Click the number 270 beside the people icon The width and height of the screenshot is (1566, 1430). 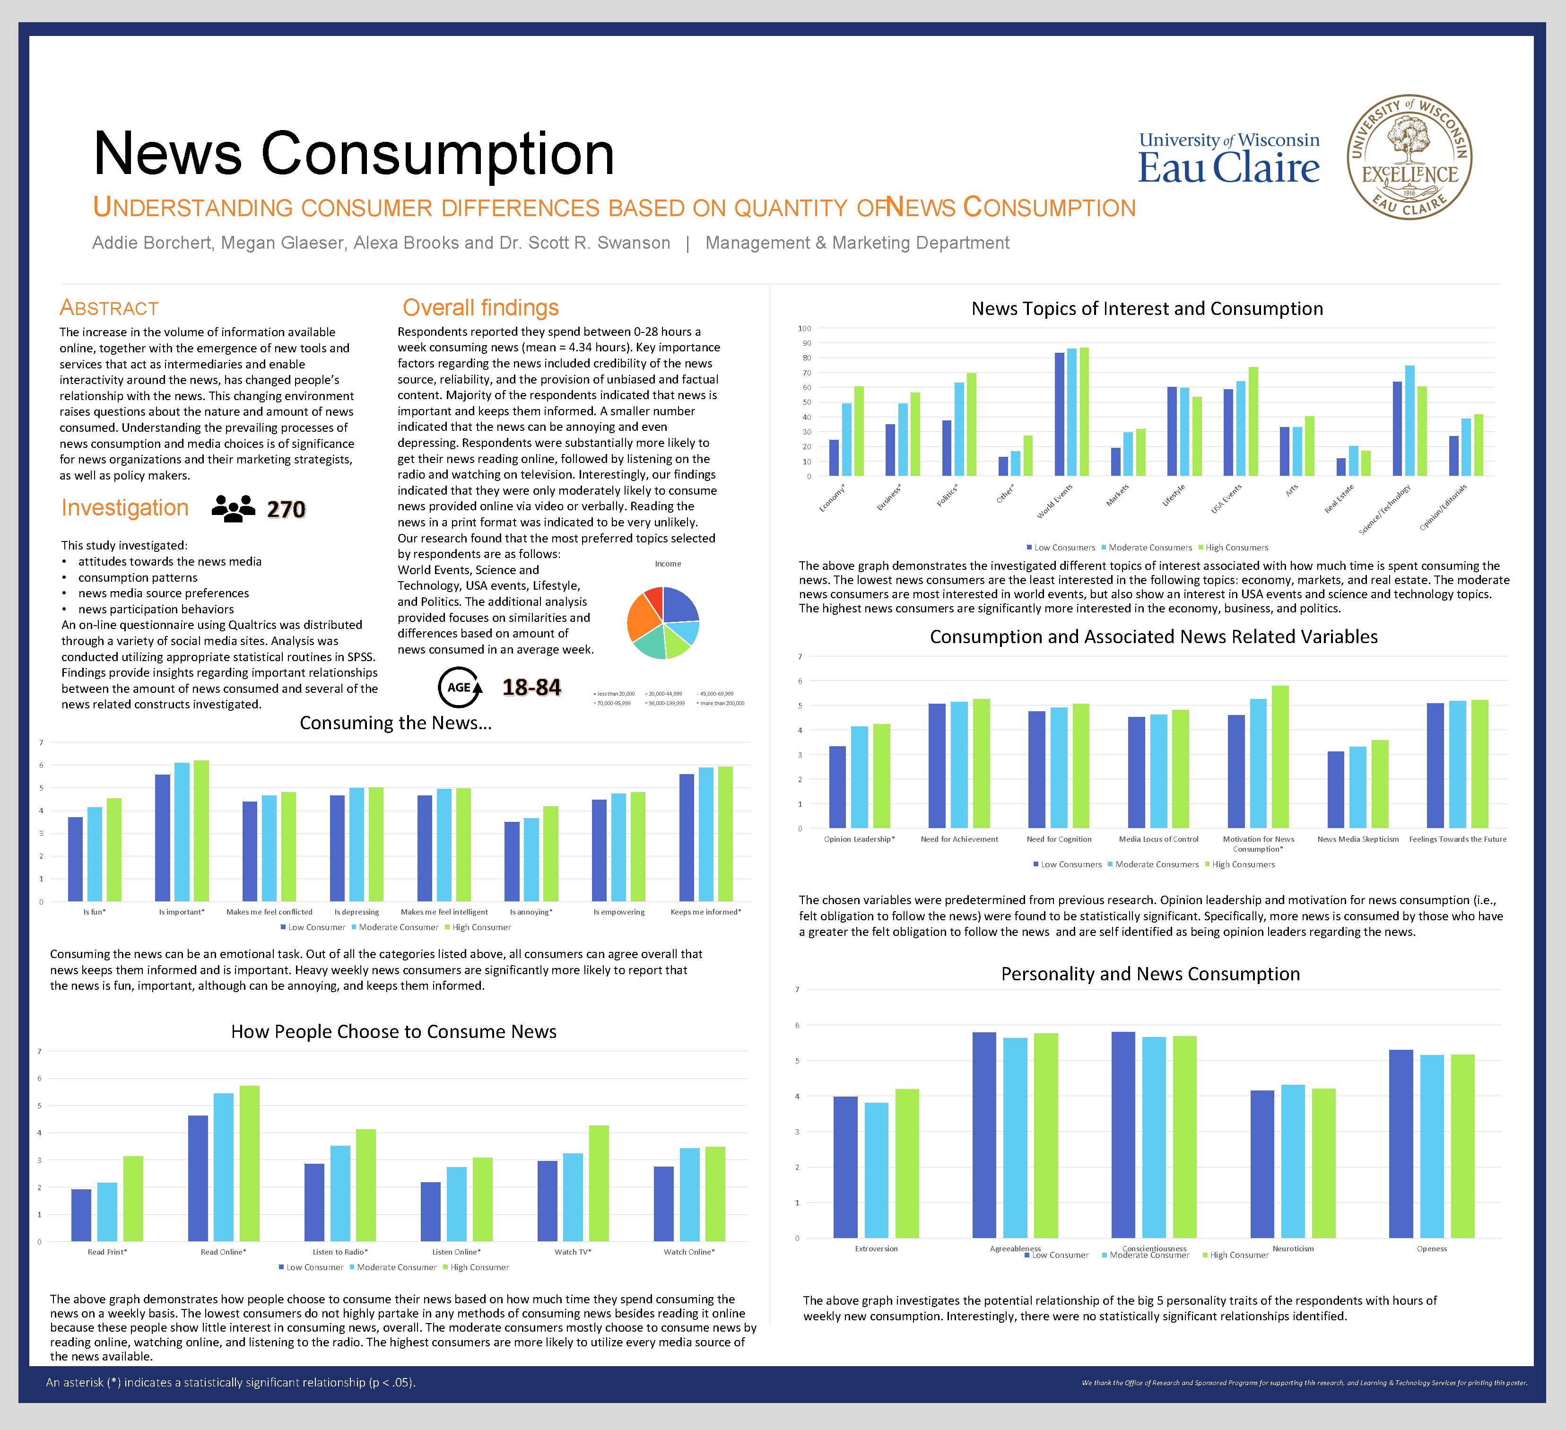[x=286, y=510]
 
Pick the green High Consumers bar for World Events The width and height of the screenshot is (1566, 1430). [x=1084, y=412]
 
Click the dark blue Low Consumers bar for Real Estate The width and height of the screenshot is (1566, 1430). [x=1341, y=467]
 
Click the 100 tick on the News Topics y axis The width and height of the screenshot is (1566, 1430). [x=805, y=329]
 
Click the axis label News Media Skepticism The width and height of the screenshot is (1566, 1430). [x=1358, y=839]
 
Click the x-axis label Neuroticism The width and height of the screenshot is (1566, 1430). [x=1293, y=1249]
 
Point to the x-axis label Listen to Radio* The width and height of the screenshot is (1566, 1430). [x=340, y=1252]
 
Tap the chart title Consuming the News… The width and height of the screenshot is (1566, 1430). [x=395, y=723]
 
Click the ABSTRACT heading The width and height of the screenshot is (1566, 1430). [x=110, y=308]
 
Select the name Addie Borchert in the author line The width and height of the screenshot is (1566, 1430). [x=151, y=243]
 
